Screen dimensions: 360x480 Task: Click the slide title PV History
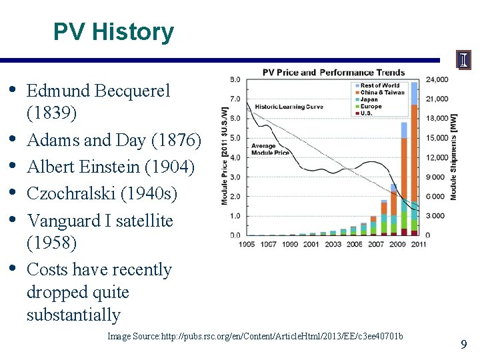point(113,31)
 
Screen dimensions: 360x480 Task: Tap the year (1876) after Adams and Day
point(176,141)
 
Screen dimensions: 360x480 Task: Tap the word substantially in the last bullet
point(73,315)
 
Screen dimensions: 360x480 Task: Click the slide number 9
point(463,345)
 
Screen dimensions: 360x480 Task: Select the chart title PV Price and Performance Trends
point(333,72)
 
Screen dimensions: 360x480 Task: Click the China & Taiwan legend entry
point(382,92)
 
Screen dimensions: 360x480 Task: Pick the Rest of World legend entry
point(379,85)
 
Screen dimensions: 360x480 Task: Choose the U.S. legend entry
point(369,113)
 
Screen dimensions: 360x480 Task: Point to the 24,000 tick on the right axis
point(437,80)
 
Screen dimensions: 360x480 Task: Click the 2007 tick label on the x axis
point(377,245)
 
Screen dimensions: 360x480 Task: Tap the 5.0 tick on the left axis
point(235,138)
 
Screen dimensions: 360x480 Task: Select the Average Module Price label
point(269,149)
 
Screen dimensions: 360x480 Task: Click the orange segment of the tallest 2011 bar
point(414,153)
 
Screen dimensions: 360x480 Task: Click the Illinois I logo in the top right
point(463,60)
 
